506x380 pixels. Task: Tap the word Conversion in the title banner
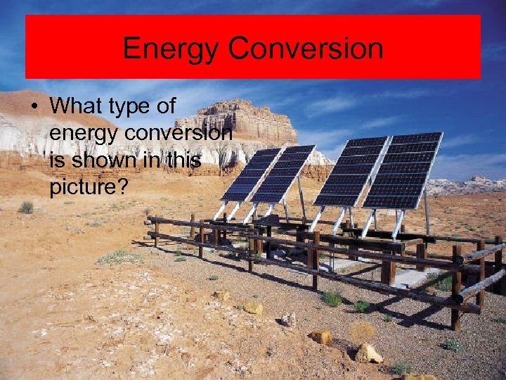[306, 49]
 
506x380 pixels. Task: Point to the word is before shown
[59, 160]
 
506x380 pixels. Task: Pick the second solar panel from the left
[282, 174]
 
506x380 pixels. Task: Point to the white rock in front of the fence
[287, 319]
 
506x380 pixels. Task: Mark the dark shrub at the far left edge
[26, 207]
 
